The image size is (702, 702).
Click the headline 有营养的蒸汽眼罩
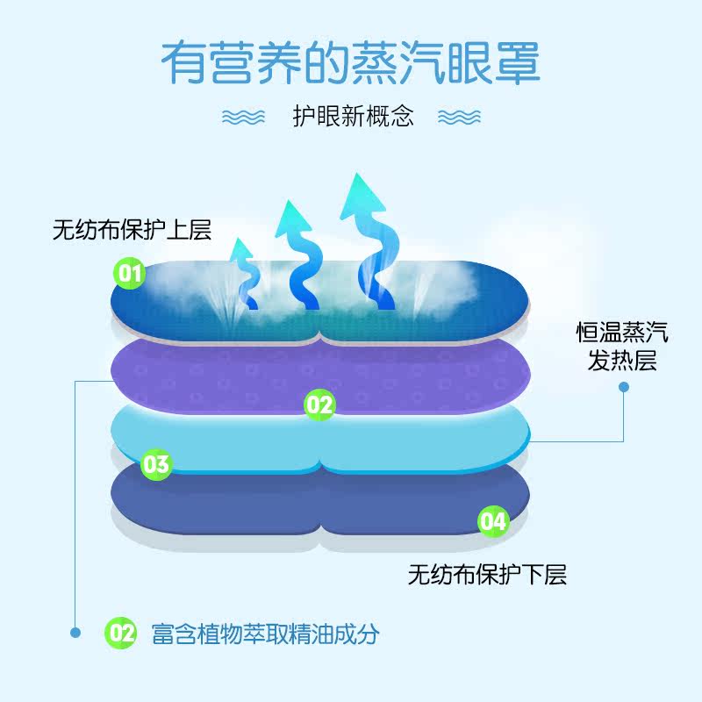(x=350, y=62)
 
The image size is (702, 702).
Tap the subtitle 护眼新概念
(x=353, y=117)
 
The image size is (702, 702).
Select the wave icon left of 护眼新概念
(x=243, y=118)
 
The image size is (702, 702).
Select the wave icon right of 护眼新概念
(x=459, y=118)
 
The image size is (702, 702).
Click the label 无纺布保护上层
(x=132, y=231)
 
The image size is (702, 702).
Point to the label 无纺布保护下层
(x=487, y=575)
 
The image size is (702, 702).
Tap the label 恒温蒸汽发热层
(x=621, y=346)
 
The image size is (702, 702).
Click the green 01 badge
(x=130, y=274)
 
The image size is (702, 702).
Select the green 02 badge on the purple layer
(x=319, y=405)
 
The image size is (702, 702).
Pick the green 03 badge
(x=156, y=463)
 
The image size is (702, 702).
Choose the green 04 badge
(x=493, y=520)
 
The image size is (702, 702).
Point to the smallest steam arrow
(x=243, y=272)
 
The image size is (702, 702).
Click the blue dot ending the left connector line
(x=75, y=632)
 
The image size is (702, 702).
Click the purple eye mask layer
(x=219, y=377)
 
